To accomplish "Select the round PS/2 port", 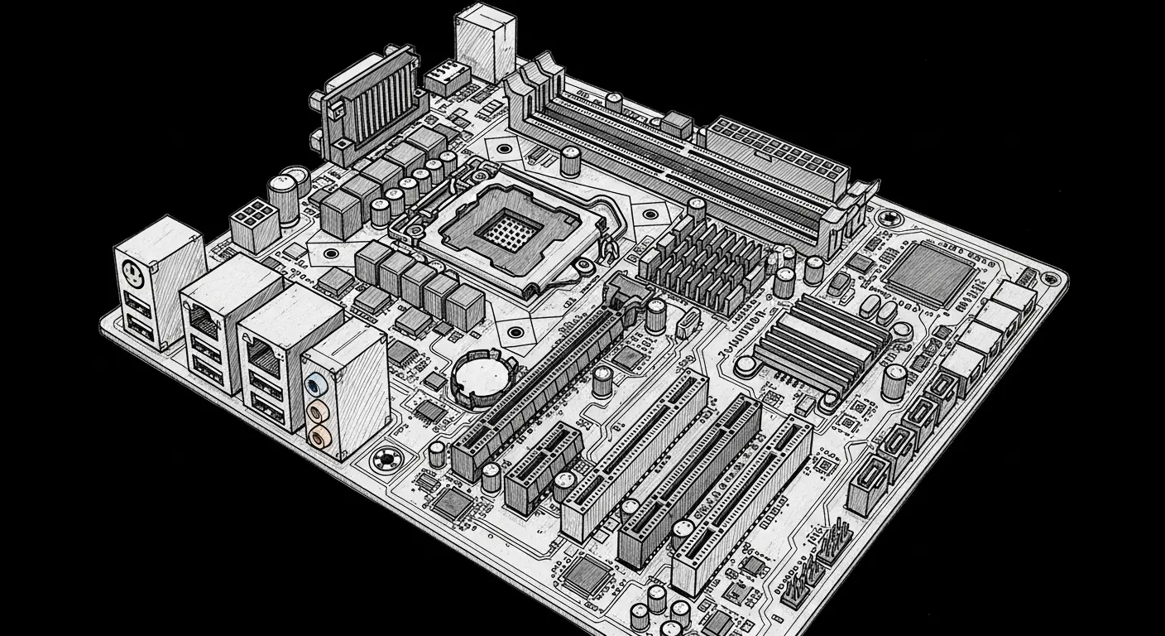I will (x=130, y=270).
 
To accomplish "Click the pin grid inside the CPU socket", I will (x=506, y=229).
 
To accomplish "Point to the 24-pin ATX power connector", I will (x=776, y=153).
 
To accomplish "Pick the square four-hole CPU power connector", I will (x=252, y=221).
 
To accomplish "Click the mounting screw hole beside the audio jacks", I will (x=386, y=460).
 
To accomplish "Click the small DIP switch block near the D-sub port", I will (x=448, y=75).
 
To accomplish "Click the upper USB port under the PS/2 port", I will (x=138, y=304).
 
